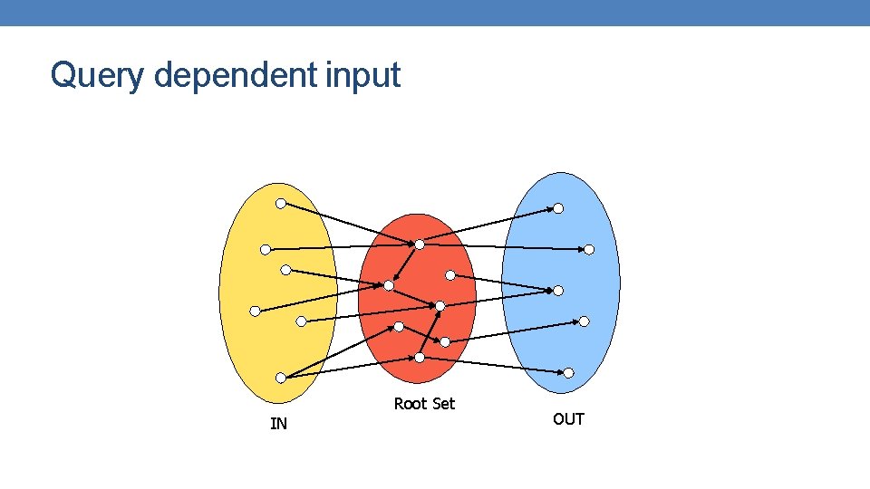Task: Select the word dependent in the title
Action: [x=235, y=75]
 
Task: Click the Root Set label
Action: [x=424, y=404]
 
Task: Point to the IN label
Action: [x=278, y=424]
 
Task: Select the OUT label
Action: [x=568, y=419]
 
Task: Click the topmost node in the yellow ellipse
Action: [x=281, y=204]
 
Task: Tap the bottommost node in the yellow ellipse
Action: [x=281, y=378]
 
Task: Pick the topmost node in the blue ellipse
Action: [x=558, y=208]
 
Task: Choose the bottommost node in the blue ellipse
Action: [x=568, y=373]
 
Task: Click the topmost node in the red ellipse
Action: [x=420, y=244]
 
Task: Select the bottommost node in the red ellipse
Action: [x=420, y=358]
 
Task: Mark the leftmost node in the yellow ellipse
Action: [x=255, y=311]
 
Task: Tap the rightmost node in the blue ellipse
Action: [x=589, y=249]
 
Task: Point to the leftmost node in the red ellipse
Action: [x=389, y=285]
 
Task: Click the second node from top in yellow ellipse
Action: [x=265, y=249]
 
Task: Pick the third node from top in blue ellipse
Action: [x=558, y=290]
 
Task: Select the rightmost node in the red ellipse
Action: [x=445, y=341]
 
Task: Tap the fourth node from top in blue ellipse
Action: [x=584, y=321]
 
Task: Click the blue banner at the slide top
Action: [x=435, y=13]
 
